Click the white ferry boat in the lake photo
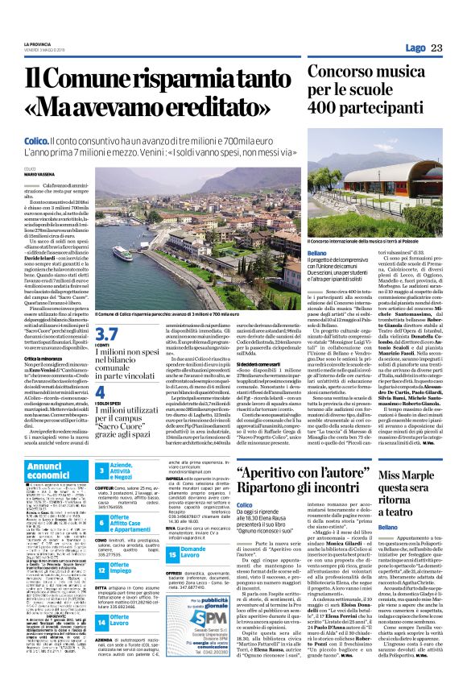(125, 251)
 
